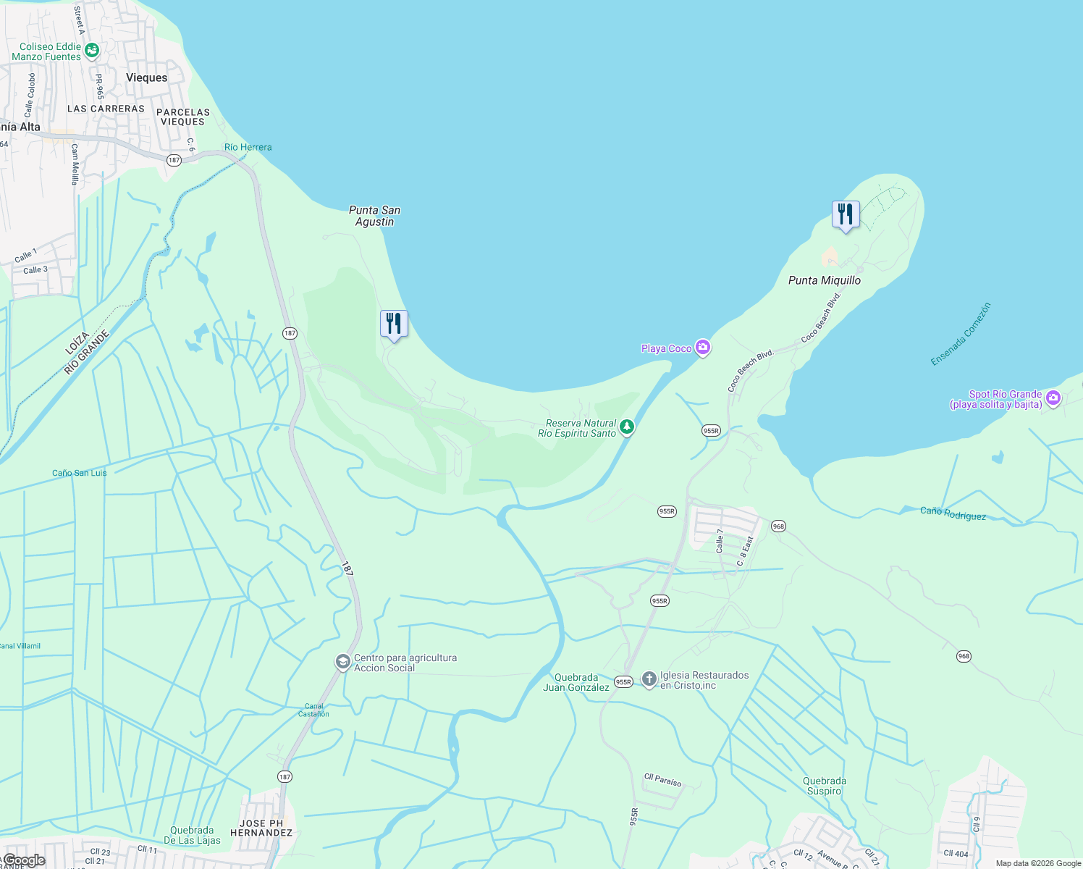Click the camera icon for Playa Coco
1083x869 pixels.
[702, 348]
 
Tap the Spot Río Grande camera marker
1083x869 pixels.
[1053, 398]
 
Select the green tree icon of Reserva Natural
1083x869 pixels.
[627, 427]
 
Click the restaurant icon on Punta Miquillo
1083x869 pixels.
[845, 214]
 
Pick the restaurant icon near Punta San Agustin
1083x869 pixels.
[394, 324]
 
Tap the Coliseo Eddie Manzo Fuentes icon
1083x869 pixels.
[92, 50]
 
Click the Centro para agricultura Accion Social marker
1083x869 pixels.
[342, 662]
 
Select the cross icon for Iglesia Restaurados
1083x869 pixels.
[649, 679]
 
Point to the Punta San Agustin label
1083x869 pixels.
[374, 216]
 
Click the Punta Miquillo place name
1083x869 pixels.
[824, 280]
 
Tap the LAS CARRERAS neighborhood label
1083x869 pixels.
[106, 109]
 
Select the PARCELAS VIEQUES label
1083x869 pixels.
[183, 117]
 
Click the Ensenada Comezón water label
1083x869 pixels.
[960, 335]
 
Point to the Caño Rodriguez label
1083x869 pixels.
[953, 513]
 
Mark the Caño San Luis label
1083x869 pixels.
[79, 473]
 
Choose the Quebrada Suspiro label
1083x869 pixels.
[825, 786]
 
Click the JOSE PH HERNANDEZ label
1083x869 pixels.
[261, 828]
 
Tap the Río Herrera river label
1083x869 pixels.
[248, 147]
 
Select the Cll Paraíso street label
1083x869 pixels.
[662, 780]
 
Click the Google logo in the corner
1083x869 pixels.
[24, 860]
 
